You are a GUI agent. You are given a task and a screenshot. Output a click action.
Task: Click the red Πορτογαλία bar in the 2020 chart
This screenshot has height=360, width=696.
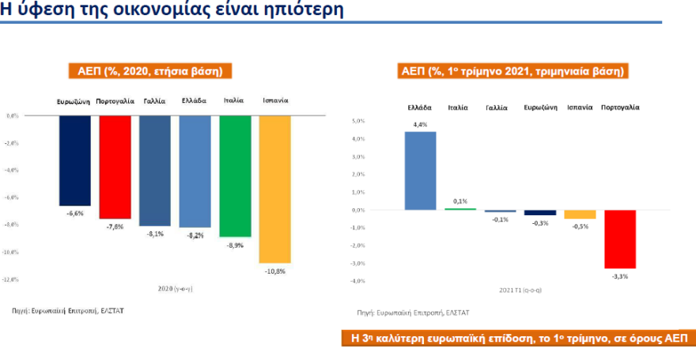point(115,167)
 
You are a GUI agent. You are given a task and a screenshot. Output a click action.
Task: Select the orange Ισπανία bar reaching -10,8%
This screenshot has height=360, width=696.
point(275,188)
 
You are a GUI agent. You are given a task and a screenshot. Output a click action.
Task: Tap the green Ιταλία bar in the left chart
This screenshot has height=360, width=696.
point(235,176)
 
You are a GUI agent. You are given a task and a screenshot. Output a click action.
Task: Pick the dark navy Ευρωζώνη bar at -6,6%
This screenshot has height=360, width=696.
point(74,161)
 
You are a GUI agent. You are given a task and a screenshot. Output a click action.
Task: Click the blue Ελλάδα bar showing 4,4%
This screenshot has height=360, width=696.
point(420,170)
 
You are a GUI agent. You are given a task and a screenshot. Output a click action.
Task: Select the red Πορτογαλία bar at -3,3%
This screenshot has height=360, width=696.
point(620,239)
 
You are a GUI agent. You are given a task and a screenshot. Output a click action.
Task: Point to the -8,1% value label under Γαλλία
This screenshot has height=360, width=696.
point(154,233)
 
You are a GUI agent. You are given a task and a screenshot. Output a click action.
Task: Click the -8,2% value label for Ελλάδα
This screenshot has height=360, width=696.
point(195,235)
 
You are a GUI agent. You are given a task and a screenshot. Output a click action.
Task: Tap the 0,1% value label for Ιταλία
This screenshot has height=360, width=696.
point(460,202)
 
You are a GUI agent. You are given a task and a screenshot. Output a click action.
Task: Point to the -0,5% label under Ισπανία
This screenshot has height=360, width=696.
point(580,226)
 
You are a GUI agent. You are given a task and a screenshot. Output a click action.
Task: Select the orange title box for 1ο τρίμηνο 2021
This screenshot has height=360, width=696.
point(513,71)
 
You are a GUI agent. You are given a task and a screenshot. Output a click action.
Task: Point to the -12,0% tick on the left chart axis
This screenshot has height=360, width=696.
point(12,279)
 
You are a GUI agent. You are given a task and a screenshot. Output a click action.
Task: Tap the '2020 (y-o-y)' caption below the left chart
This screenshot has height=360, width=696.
point(175,290)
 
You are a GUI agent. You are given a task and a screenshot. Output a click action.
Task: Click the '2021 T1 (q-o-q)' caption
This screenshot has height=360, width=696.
point(520,290)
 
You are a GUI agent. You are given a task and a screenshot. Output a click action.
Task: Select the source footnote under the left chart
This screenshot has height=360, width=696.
point(68,311)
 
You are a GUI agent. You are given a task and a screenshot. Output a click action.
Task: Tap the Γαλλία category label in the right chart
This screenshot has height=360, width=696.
point(497,106)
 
